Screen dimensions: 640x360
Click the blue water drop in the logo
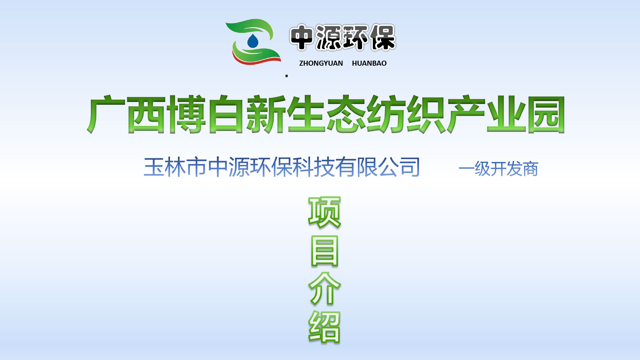tap(253, 41)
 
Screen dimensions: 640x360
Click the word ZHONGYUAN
tap(321, 63)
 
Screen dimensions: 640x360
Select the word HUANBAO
tap(369, 63)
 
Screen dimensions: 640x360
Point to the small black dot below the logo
tap(287, 76)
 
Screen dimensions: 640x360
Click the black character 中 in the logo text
tap(302, 38)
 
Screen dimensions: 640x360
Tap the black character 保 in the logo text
tap(383, 38)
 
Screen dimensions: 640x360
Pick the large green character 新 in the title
tap(266, 114)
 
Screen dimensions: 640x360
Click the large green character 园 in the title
tap(545, 114)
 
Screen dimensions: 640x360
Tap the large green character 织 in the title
tap(426, 114)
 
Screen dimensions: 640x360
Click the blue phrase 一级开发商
tap(498, 169)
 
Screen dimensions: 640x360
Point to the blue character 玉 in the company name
tap(154, 167)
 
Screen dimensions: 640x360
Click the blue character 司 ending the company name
tap(410, 167)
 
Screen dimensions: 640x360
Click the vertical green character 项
tap(324, 212)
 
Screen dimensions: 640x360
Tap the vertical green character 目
tap(324, 251)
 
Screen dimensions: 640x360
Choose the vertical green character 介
tap(324, 289)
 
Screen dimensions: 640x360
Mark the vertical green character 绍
tap(324, 327)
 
